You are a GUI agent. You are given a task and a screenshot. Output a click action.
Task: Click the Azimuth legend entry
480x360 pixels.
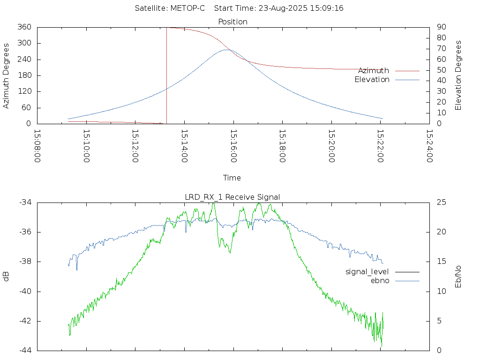[x=374, y=71]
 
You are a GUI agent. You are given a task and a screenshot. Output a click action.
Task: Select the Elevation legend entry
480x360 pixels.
[x=372, y=80]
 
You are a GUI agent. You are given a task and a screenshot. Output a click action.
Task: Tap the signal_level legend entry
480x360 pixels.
[x=367, y=272]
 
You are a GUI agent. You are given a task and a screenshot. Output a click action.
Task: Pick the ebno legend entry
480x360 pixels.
[x=380, y=281]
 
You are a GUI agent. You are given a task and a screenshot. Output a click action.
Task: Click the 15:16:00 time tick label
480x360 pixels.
[x=233, y=146]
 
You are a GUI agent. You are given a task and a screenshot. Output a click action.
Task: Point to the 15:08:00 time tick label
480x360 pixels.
[x=37, y=146]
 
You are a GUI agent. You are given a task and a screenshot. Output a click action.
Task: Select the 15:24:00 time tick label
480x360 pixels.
[x=430, y=146]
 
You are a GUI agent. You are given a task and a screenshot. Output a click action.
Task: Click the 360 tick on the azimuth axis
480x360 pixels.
[x=24, y=27]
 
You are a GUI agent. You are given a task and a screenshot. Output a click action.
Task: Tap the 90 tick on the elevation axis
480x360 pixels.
[x=442, y=27]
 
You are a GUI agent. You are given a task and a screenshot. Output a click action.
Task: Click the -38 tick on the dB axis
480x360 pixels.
[x=25, y=262]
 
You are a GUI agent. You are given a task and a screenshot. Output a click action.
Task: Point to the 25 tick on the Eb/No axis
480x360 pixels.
[x=442, y=202]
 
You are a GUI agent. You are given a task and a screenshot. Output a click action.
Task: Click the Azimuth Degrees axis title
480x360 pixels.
[x=6, y=76]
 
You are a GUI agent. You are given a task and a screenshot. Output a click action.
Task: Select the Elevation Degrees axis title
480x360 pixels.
[x=458, y=75]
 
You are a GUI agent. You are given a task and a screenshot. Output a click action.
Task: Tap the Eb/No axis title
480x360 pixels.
[x=458, y=277]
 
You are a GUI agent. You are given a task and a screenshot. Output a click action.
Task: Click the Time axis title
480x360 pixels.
[x=232, y=178]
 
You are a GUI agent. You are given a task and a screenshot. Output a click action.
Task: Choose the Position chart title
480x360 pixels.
[x=232, y=22]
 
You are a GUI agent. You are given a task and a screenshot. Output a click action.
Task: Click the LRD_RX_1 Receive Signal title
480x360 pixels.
[x=232, y=197]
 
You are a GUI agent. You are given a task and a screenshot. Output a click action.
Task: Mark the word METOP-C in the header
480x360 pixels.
[x=187, y=8]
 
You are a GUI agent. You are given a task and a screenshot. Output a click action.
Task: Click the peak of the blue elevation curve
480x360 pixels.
[x=226, y=50]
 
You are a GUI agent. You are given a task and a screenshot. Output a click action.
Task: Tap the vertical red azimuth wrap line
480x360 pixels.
[x=166, y=75]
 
